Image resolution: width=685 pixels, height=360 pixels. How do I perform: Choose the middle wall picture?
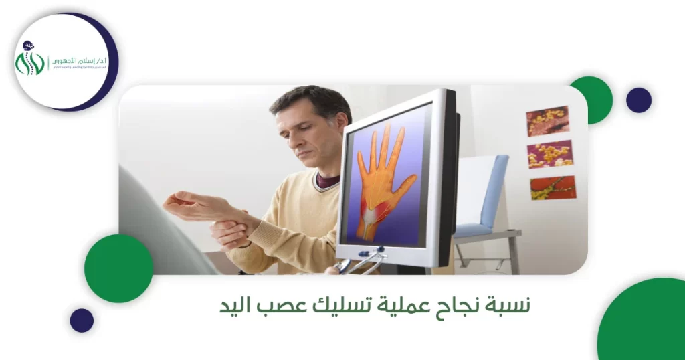point(550,154)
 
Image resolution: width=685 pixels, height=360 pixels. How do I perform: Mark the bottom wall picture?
point(553,188)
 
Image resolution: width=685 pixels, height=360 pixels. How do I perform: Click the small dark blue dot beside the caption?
point(82,321)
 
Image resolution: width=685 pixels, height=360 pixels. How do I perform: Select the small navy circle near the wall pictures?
point(638,100)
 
